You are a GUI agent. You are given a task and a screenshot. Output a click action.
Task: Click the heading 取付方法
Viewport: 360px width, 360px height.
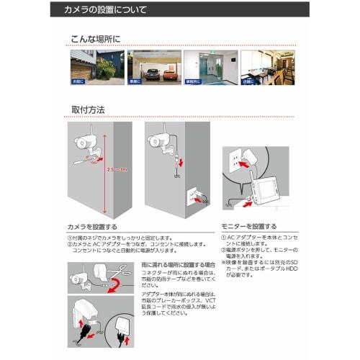[x=88, y=110]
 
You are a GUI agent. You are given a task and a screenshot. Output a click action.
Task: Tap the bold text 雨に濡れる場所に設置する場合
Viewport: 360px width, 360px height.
[x=170, y=266]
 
